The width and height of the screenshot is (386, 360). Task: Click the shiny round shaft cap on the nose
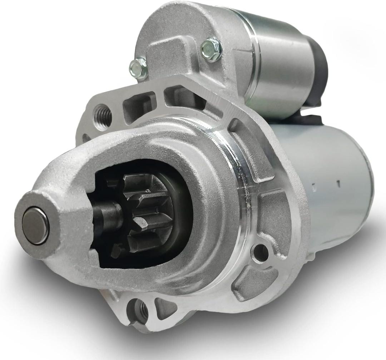(x=35, y=226)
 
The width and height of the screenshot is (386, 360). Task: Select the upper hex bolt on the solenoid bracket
(x=211, y=49)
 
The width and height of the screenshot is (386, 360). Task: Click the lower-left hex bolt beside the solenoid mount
(x=138, y=68)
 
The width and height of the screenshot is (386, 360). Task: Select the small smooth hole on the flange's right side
(x=260, y=253)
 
